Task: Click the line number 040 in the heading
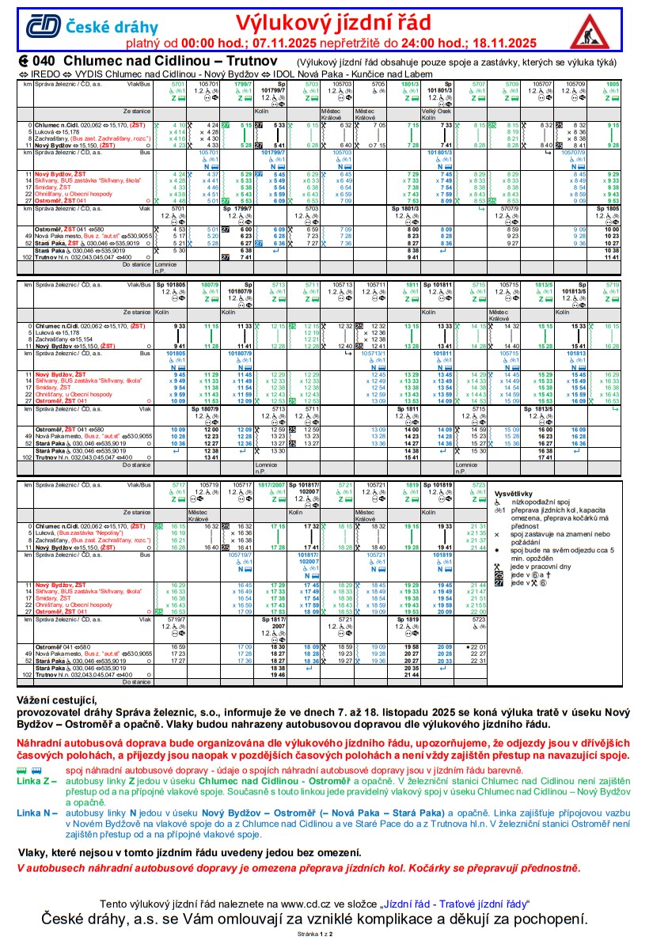(44, 61)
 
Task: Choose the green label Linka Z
(36, 779)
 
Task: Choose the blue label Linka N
(36, 813)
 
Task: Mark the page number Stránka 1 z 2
(314, 934)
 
